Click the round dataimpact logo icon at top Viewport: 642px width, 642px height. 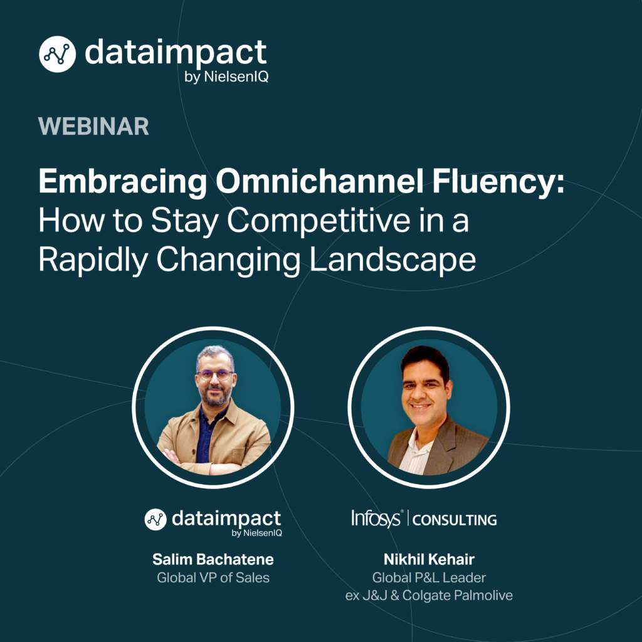57,54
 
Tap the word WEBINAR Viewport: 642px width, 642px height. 93,126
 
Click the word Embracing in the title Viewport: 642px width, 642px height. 123,182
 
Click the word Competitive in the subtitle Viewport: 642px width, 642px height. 318,221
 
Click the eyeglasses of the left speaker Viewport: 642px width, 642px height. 216,374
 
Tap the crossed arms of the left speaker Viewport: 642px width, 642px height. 205,462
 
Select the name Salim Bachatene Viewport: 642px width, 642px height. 213,559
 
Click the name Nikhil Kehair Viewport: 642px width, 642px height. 429,559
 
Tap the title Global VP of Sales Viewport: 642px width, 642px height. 213,577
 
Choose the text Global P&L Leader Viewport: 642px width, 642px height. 429,577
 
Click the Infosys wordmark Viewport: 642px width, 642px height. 376,518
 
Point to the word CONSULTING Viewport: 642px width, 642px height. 455,520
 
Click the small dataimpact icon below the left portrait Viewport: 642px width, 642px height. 155,520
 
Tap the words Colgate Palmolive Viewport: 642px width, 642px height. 457,596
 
